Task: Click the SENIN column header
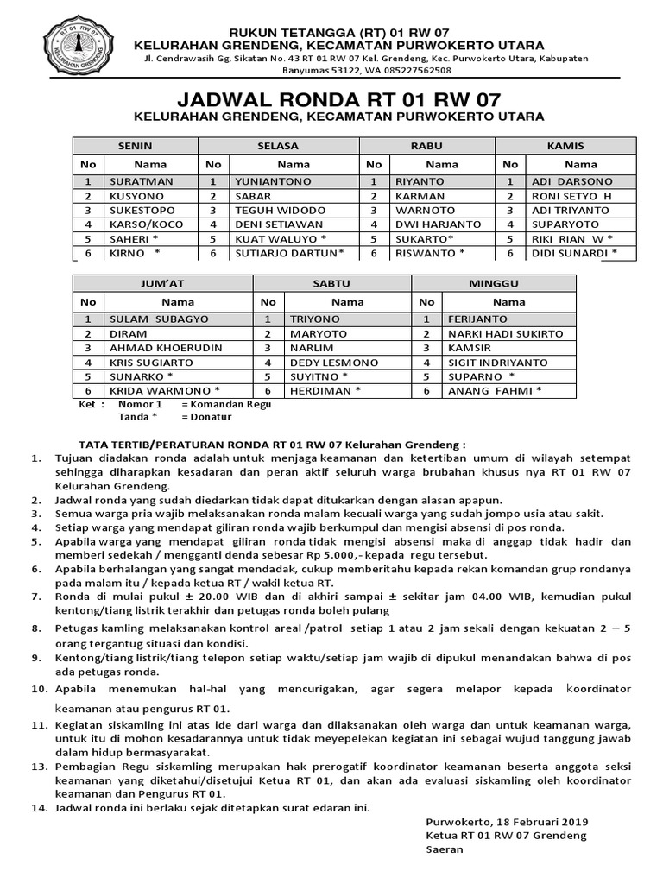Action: click(135, 146)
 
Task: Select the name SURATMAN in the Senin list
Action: click(142, 181)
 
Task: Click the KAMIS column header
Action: click(566, 146)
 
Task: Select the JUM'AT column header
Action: click(162, 284)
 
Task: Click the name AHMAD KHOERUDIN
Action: click(166, 348)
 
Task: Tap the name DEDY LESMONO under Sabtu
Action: click(324, 363)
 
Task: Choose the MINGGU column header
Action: click(495, 284)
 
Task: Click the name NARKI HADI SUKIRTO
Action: click(505, 333)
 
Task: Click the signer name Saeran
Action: click(445, 849)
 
